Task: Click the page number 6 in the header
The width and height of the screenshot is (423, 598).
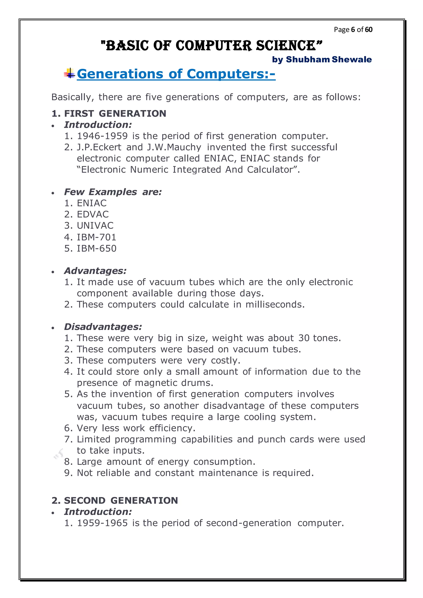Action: pos(353,30)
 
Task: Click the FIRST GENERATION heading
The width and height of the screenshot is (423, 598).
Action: pos(109,114)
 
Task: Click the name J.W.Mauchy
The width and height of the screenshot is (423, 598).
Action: pos(174,147)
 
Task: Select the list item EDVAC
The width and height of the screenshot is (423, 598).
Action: pos(93,214)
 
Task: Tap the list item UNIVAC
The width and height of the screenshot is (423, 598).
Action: pos(95,225)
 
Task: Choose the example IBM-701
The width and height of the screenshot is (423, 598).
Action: pos(96,237)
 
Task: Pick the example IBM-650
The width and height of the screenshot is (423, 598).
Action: pos(96,248)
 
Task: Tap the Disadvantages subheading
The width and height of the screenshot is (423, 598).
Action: pos(103,327)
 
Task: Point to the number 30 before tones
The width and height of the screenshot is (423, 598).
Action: pos(304,338)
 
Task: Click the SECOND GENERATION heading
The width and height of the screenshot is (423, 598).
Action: pos(115,501)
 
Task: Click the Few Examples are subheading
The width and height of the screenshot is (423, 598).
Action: pos(113,192)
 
